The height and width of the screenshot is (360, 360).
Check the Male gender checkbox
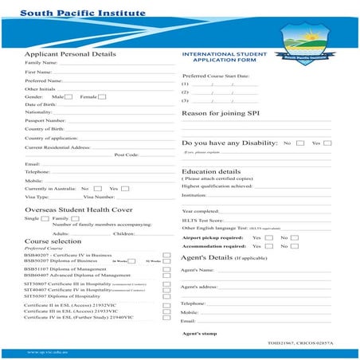[69, 96]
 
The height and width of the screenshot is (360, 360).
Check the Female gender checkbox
[102, 96]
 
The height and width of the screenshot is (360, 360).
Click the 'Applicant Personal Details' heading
[70, 54]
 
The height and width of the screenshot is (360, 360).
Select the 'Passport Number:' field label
[45, 120]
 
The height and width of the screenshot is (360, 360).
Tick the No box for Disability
[299, 143]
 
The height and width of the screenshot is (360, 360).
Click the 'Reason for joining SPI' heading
[221, 113]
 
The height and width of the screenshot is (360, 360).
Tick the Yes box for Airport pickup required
[268, 237]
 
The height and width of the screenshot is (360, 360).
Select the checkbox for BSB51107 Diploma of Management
[166, 268]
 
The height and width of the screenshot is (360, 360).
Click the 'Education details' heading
[211, 170]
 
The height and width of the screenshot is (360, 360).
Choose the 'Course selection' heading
[53, 240]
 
